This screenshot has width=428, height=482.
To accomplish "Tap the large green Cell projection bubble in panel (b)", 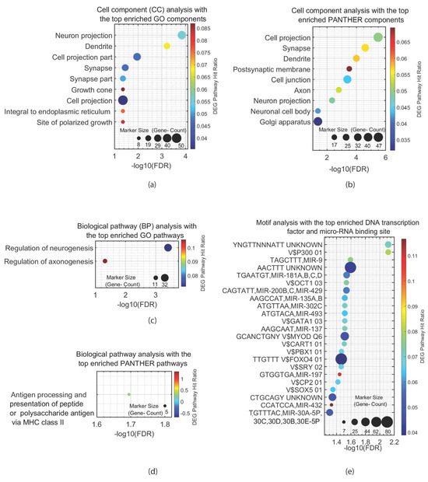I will (x=378, y=37).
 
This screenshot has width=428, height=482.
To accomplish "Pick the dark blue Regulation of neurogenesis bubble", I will (x=168, y=247).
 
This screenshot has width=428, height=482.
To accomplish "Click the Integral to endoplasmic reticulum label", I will (x=58, y=110).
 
